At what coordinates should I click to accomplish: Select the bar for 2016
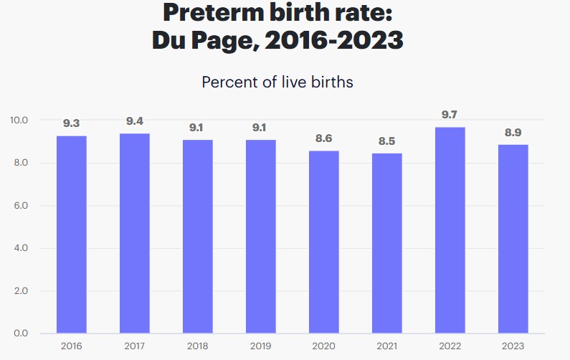coord(72,235)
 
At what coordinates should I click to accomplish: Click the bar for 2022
coord(450,230)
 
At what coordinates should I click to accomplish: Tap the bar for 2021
coord(387,243)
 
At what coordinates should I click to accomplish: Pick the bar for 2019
coord(261,237)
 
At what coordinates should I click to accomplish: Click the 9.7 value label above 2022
coord(450,114)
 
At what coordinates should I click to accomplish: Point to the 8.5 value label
coord(387,141)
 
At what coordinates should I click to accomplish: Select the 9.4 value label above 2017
coord(135,120)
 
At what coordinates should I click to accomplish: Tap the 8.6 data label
coord(324,138)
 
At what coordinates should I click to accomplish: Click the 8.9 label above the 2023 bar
coord(513,132)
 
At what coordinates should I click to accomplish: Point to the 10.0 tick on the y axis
coord(19,120)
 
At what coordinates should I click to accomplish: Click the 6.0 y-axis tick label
coord(20,206)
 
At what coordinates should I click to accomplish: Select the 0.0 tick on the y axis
coord(20,333)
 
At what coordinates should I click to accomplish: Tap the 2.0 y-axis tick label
coord(20,291)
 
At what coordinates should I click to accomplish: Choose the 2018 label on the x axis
coord(198,346)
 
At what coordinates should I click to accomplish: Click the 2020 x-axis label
coord(324,346)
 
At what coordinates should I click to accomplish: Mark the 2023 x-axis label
coord(513,346)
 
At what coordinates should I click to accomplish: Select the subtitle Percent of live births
coord(277,82)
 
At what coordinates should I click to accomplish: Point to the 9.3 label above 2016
coord(72,123)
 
